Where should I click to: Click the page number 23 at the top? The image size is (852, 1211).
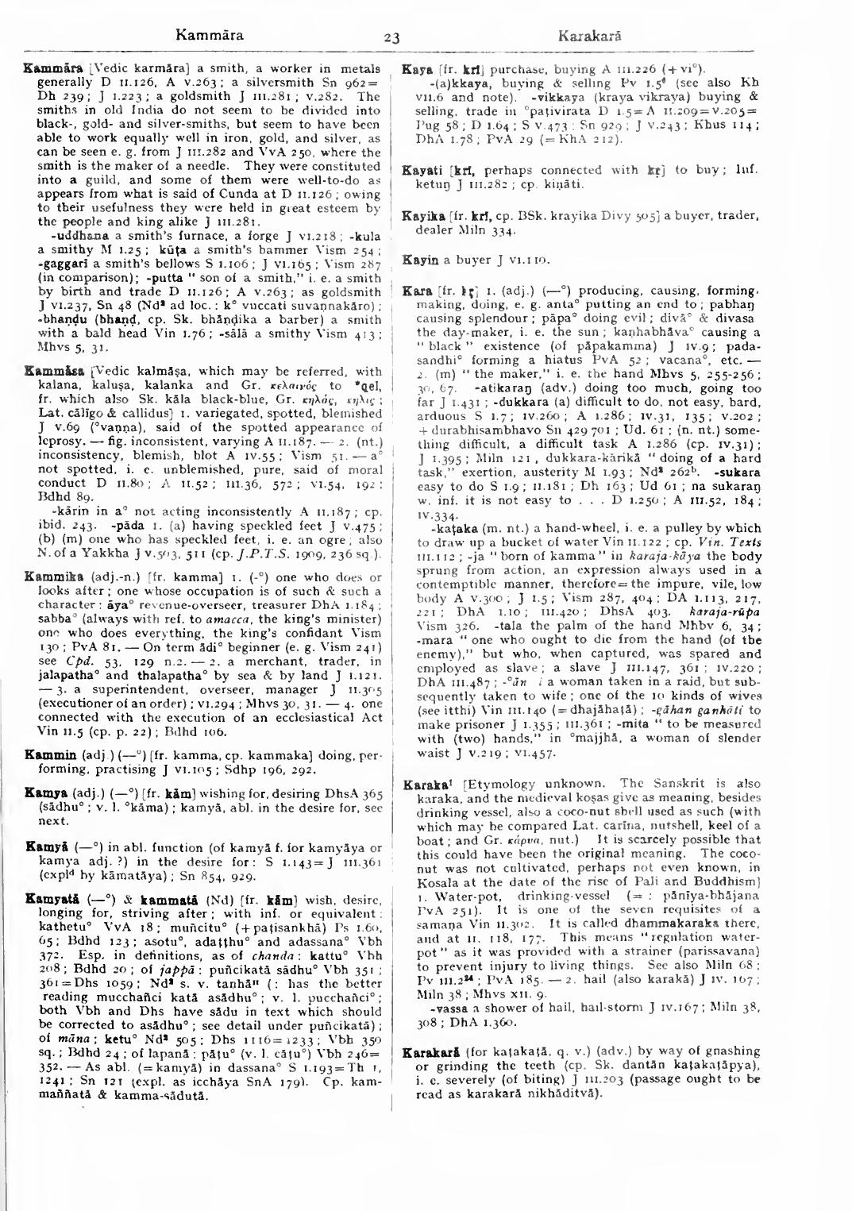pos(391,37)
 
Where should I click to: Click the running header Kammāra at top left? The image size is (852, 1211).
pos(210,35)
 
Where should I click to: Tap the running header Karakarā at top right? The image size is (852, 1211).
pos(589,36)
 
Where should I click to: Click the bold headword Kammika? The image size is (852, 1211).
pos(43,577)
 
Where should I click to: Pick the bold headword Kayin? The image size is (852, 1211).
pos(418,260)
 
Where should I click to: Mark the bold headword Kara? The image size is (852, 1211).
pos(415,291)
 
